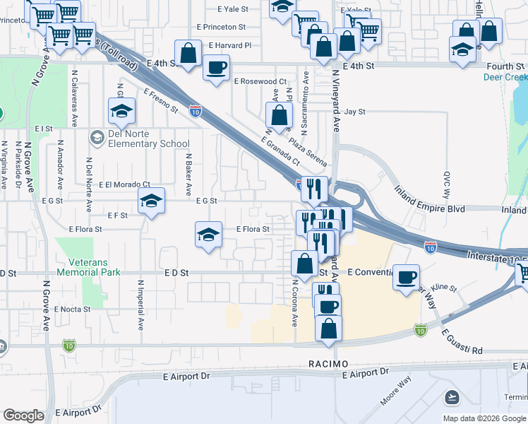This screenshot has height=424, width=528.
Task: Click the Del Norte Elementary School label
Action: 150,139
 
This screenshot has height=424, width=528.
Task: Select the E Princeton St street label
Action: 221,27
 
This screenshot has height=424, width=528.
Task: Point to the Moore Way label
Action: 395,394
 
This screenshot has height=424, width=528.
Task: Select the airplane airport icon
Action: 452,397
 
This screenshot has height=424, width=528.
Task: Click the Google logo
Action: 23,416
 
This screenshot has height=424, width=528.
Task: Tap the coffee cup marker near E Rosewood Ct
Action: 216,68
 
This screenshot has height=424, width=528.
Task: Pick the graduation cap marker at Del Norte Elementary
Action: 121,110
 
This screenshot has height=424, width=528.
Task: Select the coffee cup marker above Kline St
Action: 406,277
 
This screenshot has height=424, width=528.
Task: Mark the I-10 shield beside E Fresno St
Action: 196,110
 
